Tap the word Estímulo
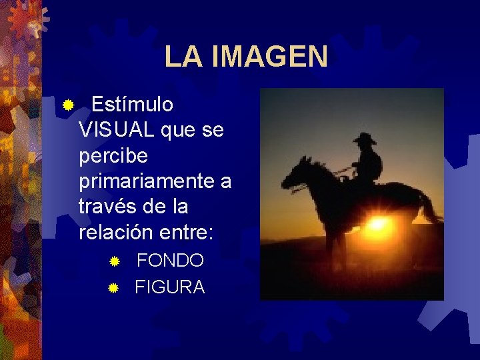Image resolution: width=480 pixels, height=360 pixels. pyautogui.click(x=132, y=105)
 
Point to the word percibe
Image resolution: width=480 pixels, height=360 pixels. pyautogui.click(x=113, y=156)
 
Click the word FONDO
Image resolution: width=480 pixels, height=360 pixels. pyautogui.click(x=170, y=261)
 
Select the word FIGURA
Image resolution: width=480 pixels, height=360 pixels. pyautogui.click(x=169, y=287)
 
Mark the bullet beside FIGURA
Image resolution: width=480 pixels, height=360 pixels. pyautogui.click(x=113, y=288)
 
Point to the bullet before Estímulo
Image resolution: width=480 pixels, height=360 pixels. pyautogui.click(x=67, y=105)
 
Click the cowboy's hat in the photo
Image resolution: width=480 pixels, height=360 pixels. pyautogui.click(x=365, y=139)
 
